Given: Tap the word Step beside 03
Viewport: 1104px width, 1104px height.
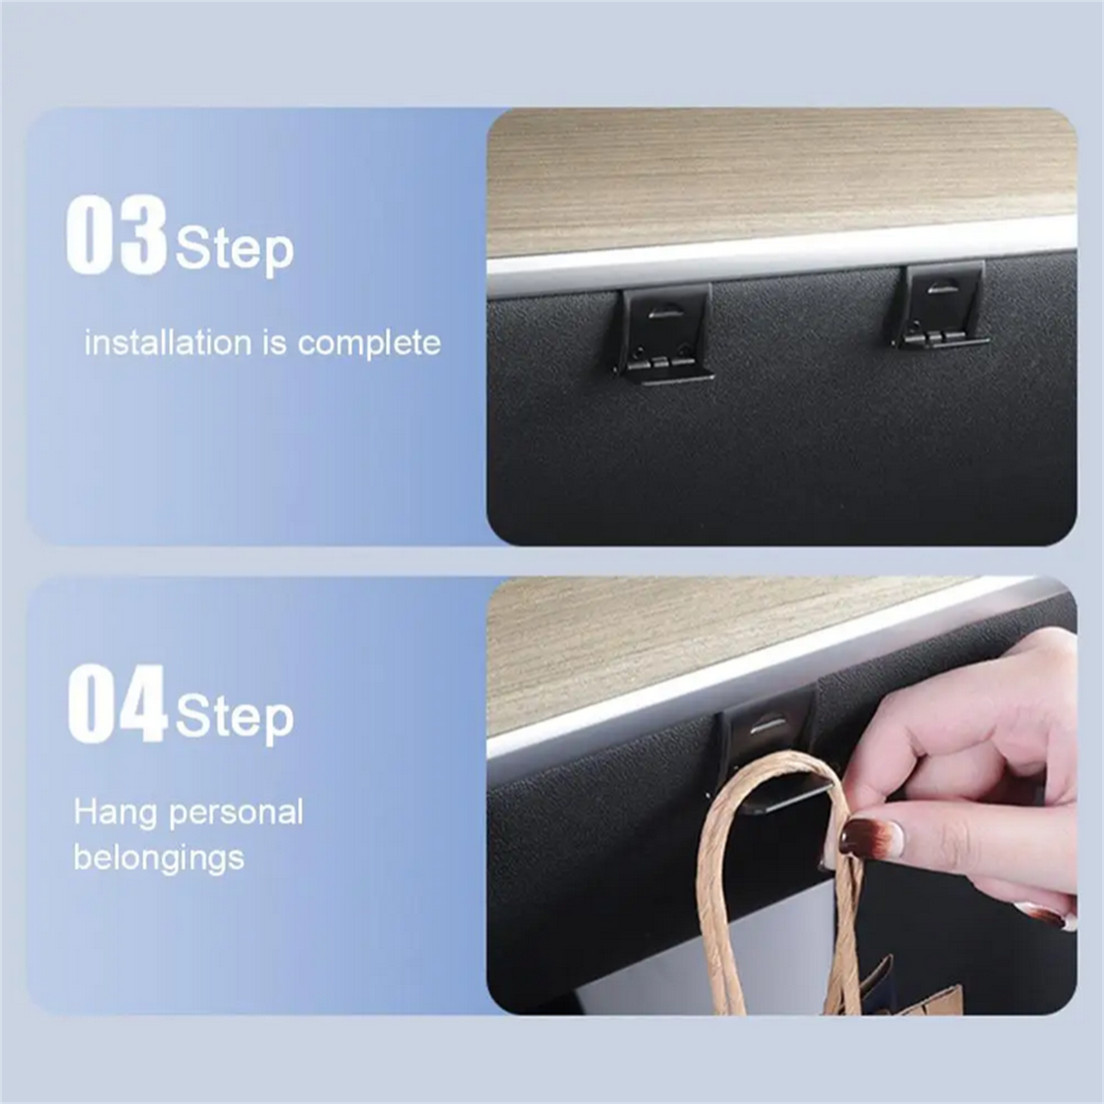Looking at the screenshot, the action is pyautogui.click(x=235, y=250).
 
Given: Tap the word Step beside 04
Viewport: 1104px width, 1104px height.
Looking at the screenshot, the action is pyautogui.click(x=235, y=718).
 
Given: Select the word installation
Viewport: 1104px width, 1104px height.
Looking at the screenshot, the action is pyautogui.click(x=168, y=343).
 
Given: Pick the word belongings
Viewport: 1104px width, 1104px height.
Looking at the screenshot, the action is pyautogui.click(x=159, y=858).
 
